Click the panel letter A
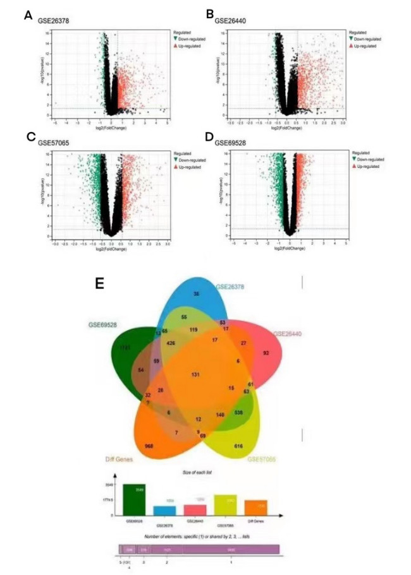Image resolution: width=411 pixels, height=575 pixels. (28, 15)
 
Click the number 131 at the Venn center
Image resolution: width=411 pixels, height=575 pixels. (195, 374)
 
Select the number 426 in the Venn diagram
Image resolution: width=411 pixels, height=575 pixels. (170, 343)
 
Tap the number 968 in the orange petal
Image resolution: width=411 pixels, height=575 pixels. (149, 446)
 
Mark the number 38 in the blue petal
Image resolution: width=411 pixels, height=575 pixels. (196, 294)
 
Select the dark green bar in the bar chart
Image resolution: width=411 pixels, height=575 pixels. (133, 499)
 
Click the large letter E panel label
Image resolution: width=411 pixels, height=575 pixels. (99, 283)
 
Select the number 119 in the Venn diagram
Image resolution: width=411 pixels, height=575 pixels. (193, 329)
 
